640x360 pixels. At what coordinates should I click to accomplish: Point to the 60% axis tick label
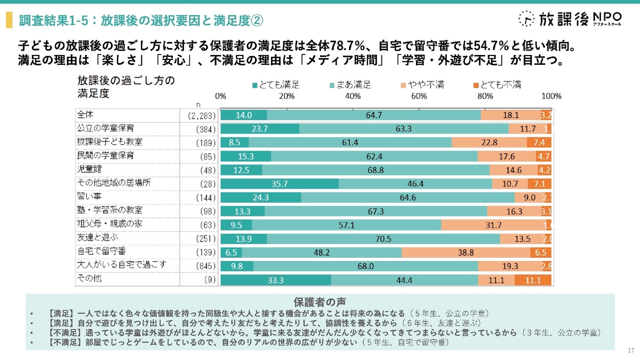point(419,96)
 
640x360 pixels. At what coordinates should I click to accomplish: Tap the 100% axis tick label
point(551,96)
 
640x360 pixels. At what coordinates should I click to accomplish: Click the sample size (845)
point(199,265)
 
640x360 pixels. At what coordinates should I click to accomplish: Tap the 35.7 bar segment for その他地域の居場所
point(279,183)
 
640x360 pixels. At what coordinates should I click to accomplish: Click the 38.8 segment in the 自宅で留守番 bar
point(465,252)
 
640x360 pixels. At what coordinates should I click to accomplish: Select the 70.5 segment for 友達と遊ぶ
point(383,238)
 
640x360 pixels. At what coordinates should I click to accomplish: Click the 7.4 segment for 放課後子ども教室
point(539,142)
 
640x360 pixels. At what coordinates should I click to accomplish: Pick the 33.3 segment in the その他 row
point(275,279)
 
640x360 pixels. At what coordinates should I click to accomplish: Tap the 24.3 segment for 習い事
point(260,197)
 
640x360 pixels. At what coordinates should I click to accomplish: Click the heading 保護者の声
point(319,301)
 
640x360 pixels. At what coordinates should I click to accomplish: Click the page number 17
point(631,349)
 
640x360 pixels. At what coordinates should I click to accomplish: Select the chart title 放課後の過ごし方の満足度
point(126,87)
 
